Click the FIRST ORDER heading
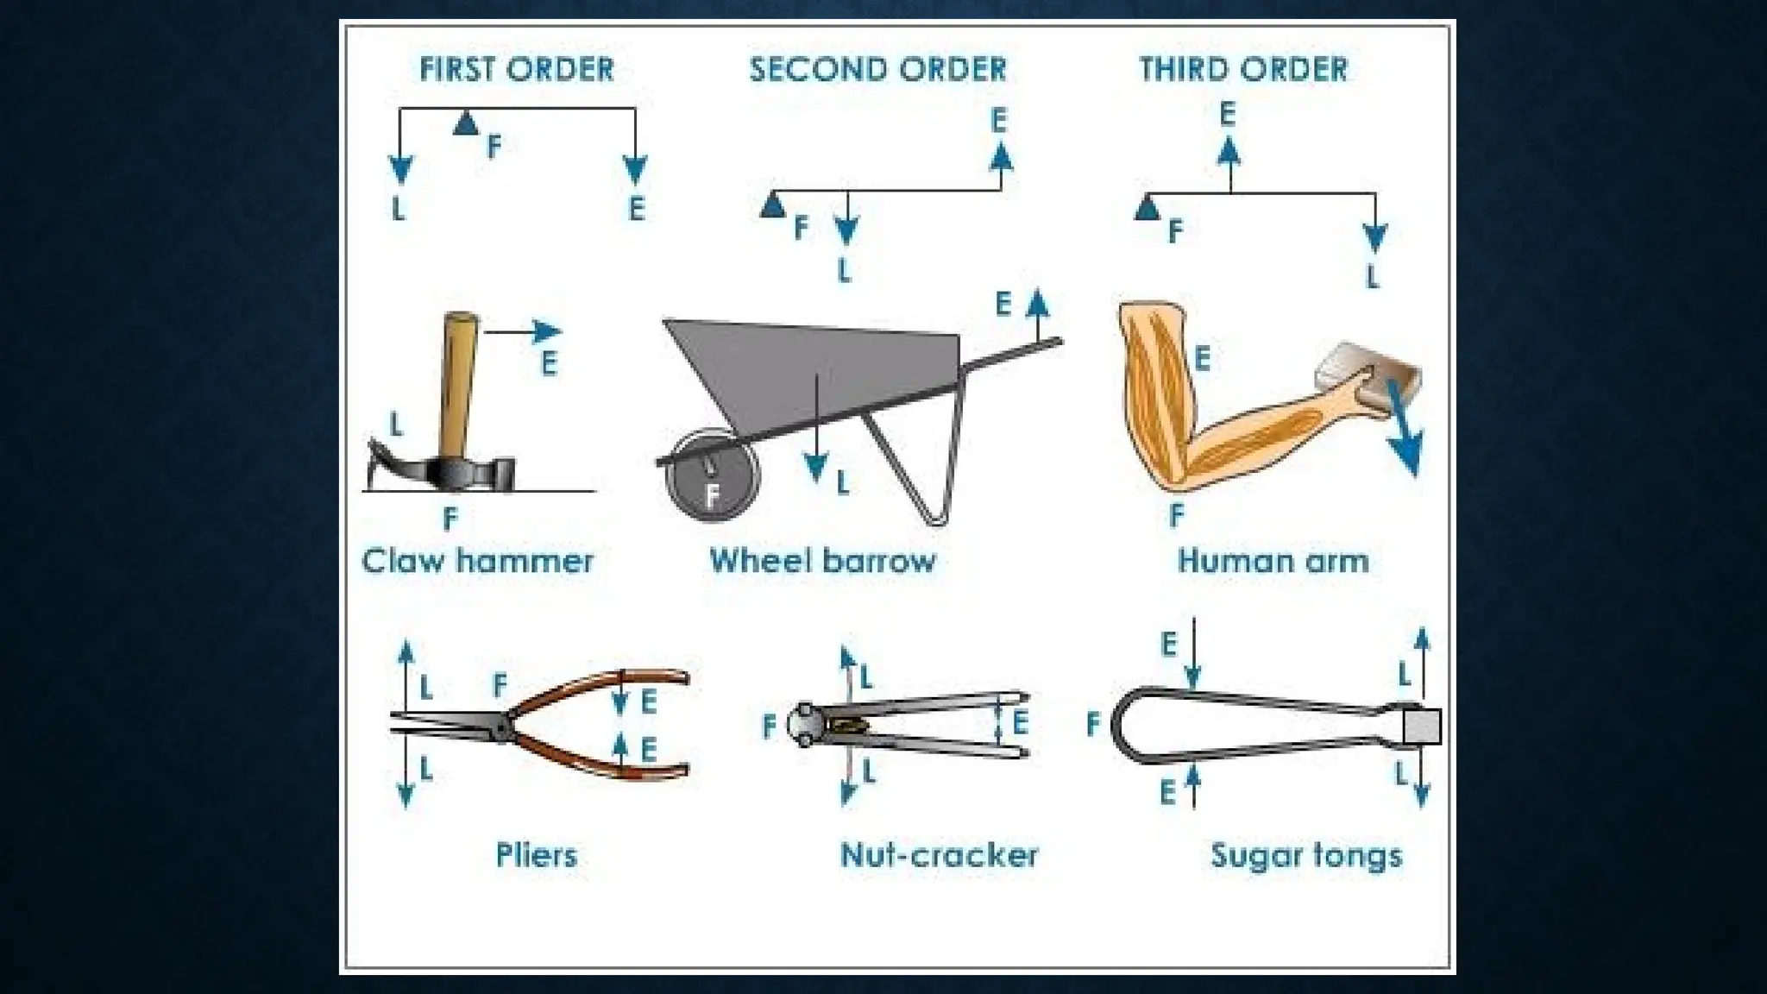click(516, 69)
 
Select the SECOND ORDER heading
click(877, 69)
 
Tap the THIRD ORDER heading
click(1243, 69)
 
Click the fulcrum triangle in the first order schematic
click(466, 123)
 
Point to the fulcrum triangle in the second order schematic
click(773, 206)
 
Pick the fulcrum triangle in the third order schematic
click(1147, 208)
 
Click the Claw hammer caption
click(477, 561)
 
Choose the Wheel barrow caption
click(822, 561)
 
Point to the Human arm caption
click(1273, 561)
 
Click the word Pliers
click(536, 855)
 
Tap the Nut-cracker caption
click(939, 855)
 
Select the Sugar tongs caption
click(1305, 855)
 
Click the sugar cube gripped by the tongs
click(1421, 727)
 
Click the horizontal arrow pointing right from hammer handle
click(523, 331)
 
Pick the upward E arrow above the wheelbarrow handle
click(1038, 315)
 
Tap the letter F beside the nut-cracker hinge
click(770, 727)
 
